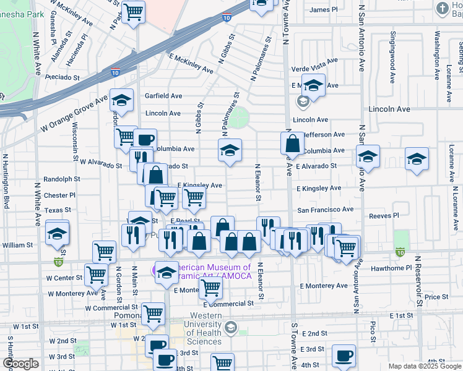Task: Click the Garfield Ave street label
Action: pyautogui.click(x=163, y=96)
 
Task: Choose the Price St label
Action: pyautogui.click(x=436, y=297)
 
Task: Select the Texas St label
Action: pyautogui.click(x=58, y=210)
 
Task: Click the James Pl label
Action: pyautogui.click(x=323, y=9)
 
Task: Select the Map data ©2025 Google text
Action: pyautogui.click(x=425, y=366)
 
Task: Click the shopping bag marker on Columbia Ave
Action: pyautogui.click(x=292, y=143)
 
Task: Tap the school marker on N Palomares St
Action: pyautogui.click(x=230, y=150)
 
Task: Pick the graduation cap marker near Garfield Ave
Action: pyautogui.click(x=122, y=100)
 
